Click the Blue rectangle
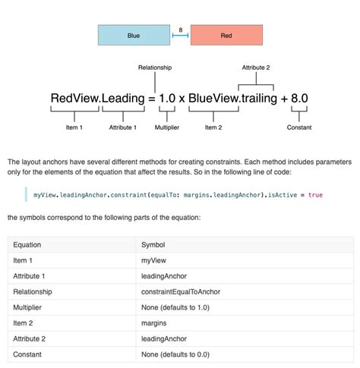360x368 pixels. [134, 36]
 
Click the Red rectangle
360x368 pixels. [226, 36]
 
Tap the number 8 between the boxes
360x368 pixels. [180, 30]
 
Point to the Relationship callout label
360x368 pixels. [155, 68]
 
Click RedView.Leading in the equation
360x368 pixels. [97, 99]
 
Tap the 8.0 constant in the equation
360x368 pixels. [298, 99]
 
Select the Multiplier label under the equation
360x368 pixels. [167, 127]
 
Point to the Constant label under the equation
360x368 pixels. [298, 127]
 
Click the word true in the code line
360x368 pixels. [315, 195]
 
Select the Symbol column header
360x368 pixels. [153, 245]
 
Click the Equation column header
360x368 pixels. [27, 245]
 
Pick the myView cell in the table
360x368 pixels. [154, 260]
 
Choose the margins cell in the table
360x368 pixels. [154, 323]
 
